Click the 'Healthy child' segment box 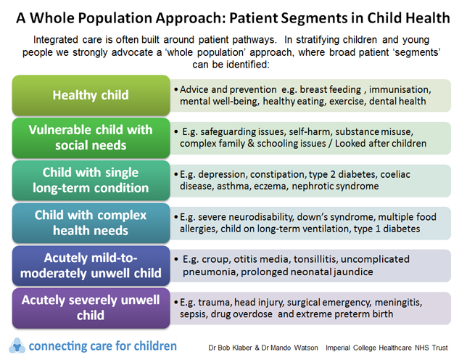tap(90, 95)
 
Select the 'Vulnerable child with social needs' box tap(90, 136)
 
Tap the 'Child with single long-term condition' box tap(90, 179)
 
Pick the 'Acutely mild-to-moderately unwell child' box tap(90, 265)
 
